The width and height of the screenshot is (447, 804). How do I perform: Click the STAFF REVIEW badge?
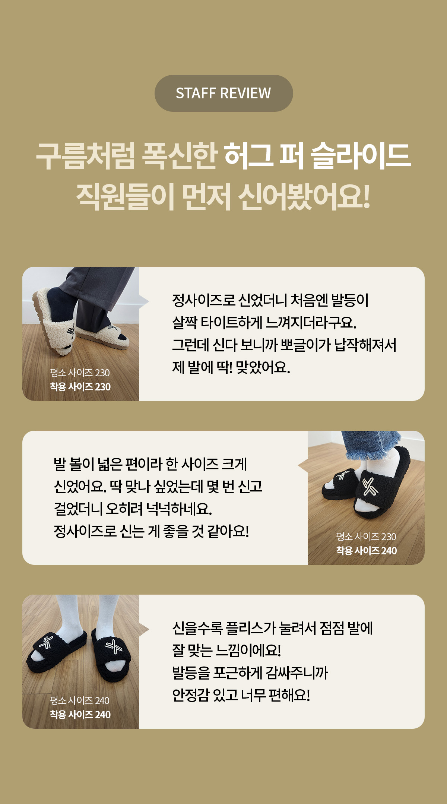tap(223, 93)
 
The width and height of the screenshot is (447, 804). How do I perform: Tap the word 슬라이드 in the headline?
tap(361, 155)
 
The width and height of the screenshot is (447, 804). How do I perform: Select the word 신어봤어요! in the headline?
tap(304, 196)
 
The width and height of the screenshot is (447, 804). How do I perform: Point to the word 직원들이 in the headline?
tap(126, 196)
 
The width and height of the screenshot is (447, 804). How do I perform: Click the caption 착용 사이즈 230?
tap(80, 387)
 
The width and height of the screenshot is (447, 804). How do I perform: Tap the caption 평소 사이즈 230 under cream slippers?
tap(80, 373)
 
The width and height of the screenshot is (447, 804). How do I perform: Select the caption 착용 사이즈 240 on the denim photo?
tap(367, 551)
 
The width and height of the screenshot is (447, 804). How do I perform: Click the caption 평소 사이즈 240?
tap(80, 700)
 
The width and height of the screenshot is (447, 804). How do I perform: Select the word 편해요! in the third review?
tap(289, 695)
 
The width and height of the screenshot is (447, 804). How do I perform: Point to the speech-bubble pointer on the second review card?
tap(303, 466)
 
